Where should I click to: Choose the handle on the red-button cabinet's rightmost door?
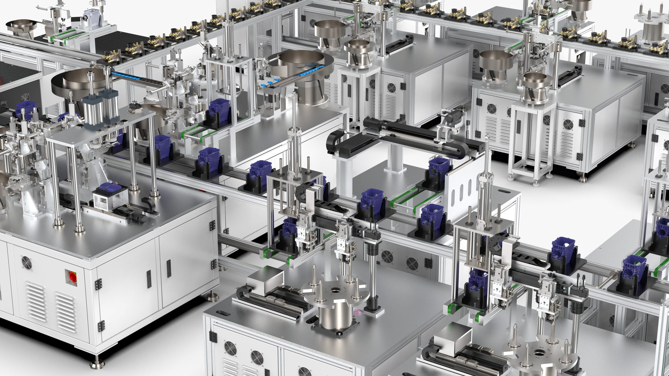tap(169, 268)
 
